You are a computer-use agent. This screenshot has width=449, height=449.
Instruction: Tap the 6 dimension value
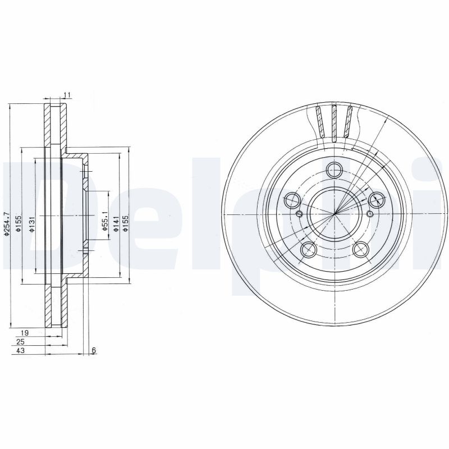coord(94,351)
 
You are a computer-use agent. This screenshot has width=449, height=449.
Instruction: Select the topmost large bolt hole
coord(335,169)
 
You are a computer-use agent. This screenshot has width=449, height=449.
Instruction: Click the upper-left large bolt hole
coord(292,199)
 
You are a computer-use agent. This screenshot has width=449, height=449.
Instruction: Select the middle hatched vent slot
coord(335,122)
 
